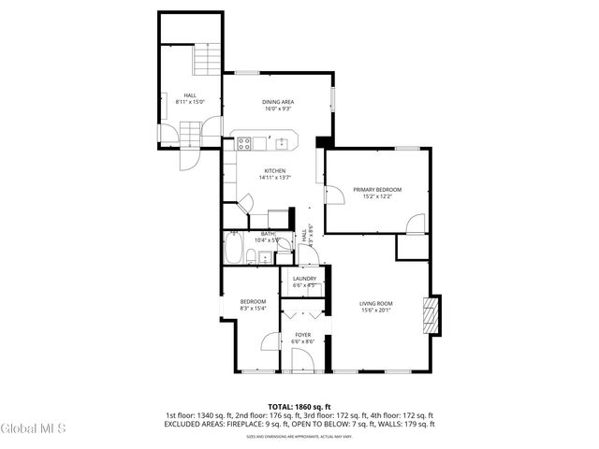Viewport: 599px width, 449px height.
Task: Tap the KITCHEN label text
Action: pos(274,170)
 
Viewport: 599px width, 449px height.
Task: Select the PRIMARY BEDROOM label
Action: pos(377,189)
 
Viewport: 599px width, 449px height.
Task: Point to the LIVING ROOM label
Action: pos(376,303)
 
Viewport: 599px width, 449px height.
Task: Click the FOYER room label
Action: pos(302,334)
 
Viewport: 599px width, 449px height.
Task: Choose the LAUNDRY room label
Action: pos(304,278)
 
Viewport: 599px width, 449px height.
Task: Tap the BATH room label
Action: pos(268,234)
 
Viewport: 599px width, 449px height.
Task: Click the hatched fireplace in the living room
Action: pos(431,314)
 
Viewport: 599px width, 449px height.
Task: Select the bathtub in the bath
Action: pos(234,251)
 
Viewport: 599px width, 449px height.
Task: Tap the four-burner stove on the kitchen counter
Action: pos(243,143)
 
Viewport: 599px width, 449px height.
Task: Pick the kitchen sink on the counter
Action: pos(281,143)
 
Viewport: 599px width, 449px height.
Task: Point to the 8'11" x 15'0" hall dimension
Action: pos(190,102)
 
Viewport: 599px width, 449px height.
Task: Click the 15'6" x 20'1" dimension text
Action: pos(376,311)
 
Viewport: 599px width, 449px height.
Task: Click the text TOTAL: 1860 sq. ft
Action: pos(299,407)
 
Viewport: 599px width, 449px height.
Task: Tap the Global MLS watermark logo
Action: pos(34,429)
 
